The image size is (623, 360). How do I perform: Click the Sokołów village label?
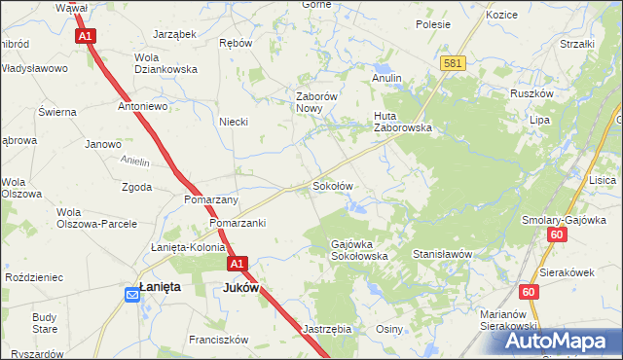pyautogui.click(x=331, y=185)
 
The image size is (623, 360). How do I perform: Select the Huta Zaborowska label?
pyautogui.click(x=403, y=121)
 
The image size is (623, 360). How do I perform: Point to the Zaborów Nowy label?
pyautogui.click(x=316, y=102)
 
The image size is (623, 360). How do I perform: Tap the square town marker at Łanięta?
pyautogui.click(x=132, y=290)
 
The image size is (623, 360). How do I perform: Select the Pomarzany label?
pyautogui.click(x=211, y=199)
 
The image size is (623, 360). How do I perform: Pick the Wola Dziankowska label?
pyautogui.click(x=165, y=63)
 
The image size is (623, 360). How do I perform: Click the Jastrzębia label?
pyautogui.click(x=326, y=329)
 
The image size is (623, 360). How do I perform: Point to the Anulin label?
pyautogui.click(x=386, y=78)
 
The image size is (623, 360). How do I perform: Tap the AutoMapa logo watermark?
pyautogui.click(x=559, y=342)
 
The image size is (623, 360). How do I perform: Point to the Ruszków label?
pyautogui.click(x=531, y=94)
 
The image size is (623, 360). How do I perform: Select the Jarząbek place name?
pyautogui.click(x=174, y=33)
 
